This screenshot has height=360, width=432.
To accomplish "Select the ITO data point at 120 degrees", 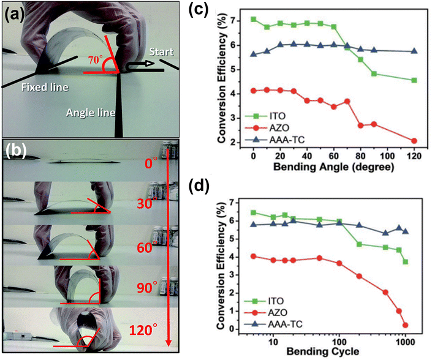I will click(x=414, y=80).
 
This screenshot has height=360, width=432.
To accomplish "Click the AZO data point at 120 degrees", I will click(x=414, y=141).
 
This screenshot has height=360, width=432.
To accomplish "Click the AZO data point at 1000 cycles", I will click(x=406, y=325).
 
